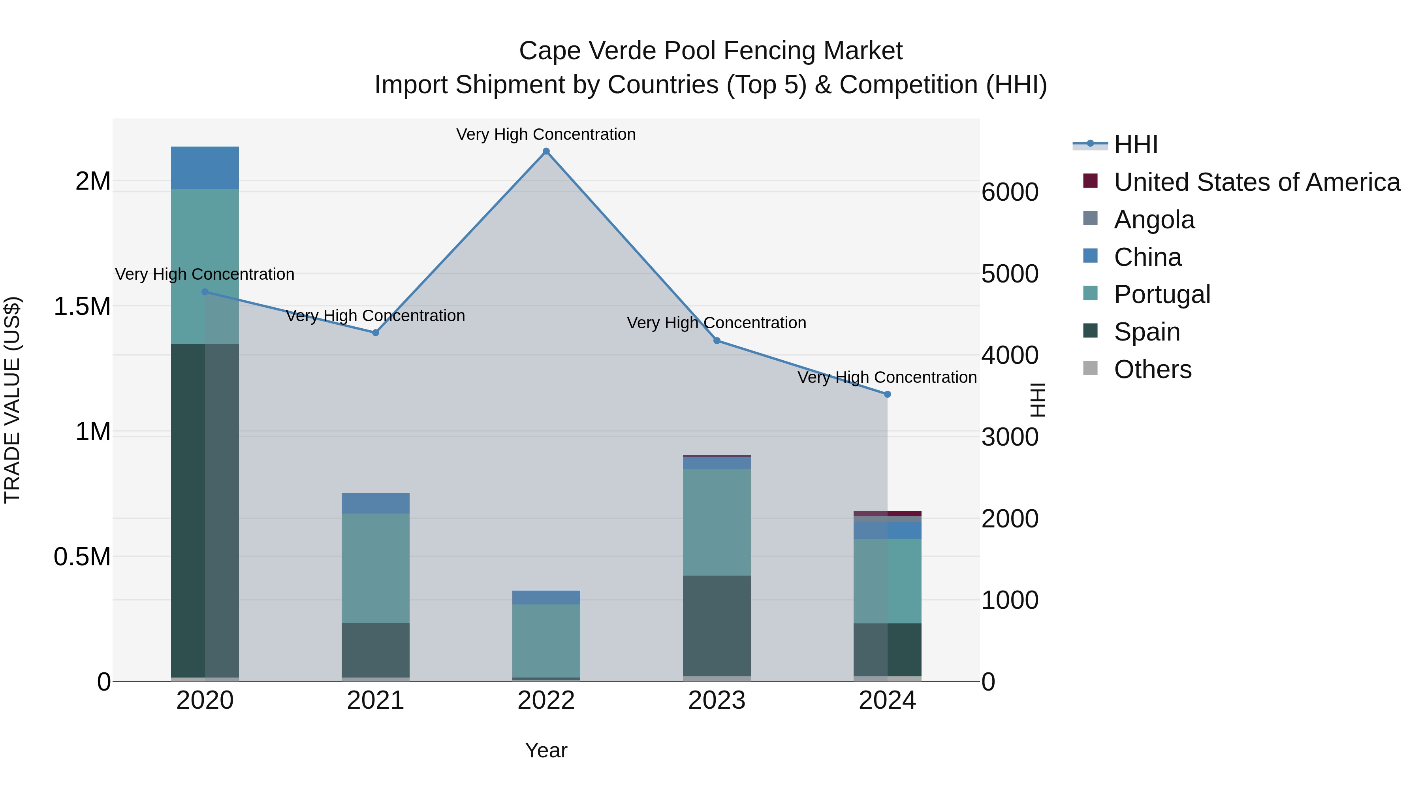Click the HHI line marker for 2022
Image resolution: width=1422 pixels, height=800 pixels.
tap(546, 151)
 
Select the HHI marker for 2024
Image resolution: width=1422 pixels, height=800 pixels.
tap(887, 394)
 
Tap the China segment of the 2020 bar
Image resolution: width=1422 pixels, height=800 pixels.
tap(205, 168)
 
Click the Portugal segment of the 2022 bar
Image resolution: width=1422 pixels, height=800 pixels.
tap(546, 640)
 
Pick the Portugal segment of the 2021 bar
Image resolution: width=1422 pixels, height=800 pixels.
tap(375, 568)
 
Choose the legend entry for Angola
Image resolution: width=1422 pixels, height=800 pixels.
tap(1154, 220)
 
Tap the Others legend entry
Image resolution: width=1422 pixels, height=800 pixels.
tap(1152, 369)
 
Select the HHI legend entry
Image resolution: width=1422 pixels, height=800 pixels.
tap(1136, 145)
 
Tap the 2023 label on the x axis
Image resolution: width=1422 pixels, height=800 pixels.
tap(717, 700)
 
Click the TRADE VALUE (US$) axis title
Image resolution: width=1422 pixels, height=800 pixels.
tap(12, 400)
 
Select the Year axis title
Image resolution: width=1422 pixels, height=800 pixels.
tap(546, 750)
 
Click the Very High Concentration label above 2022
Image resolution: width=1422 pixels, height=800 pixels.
tap(546, 134)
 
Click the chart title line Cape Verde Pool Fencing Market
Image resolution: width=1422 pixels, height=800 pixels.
tap(711, 51)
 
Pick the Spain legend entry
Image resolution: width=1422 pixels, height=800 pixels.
tap(1147, 332)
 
